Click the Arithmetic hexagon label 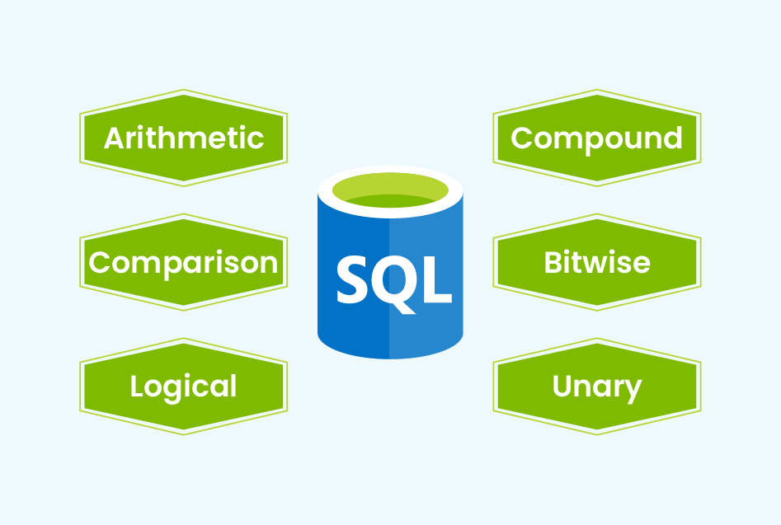(x=183, y=138)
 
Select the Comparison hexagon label (x=183, y=262)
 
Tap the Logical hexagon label (x=183, y=386)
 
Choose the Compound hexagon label (x=596, y=138)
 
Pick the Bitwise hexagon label (x=596, y=262)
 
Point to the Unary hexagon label (x=596, y=386)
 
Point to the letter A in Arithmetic (x=115, y=138)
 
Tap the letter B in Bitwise (x=554, y=262)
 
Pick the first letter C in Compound (x=522, y=138)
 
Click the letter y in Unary (x=633, y=390)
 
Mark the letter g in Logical (x=178, y=390)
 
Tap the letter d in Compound (x=671, y=138)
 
